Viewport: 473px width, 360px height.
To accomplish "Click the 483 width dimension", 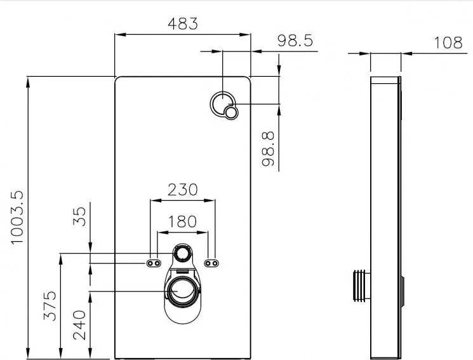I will (x=182, y=23).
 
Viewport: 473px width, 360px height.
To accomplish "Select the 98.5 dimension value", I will (x=295, y=41).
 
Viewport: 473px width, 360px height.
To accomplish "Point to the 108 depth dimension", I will (x=448, y=43).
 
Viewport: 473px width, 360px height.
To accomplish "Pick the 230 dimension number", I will (x=182, y=189).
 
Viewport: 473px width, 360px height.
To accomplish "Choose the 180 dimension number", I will (x=182, y=222).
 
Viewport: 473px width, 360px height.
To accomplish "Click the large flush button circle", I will (x=223, y=102).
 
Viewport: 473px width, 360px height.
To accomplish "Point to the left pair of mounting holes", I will (x=154, y=263).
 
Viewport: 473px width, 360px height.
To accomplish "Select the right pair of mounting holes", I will (x=212, y=263).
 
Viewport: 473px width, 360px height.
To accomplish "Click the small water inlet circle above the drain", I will (x=184, y=255).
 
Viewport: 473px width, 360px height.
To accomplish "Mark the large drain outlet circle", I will (x=183, y=290).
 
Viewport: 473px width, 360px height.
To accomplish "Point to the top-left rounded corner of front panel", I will (x=117, y=79).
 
